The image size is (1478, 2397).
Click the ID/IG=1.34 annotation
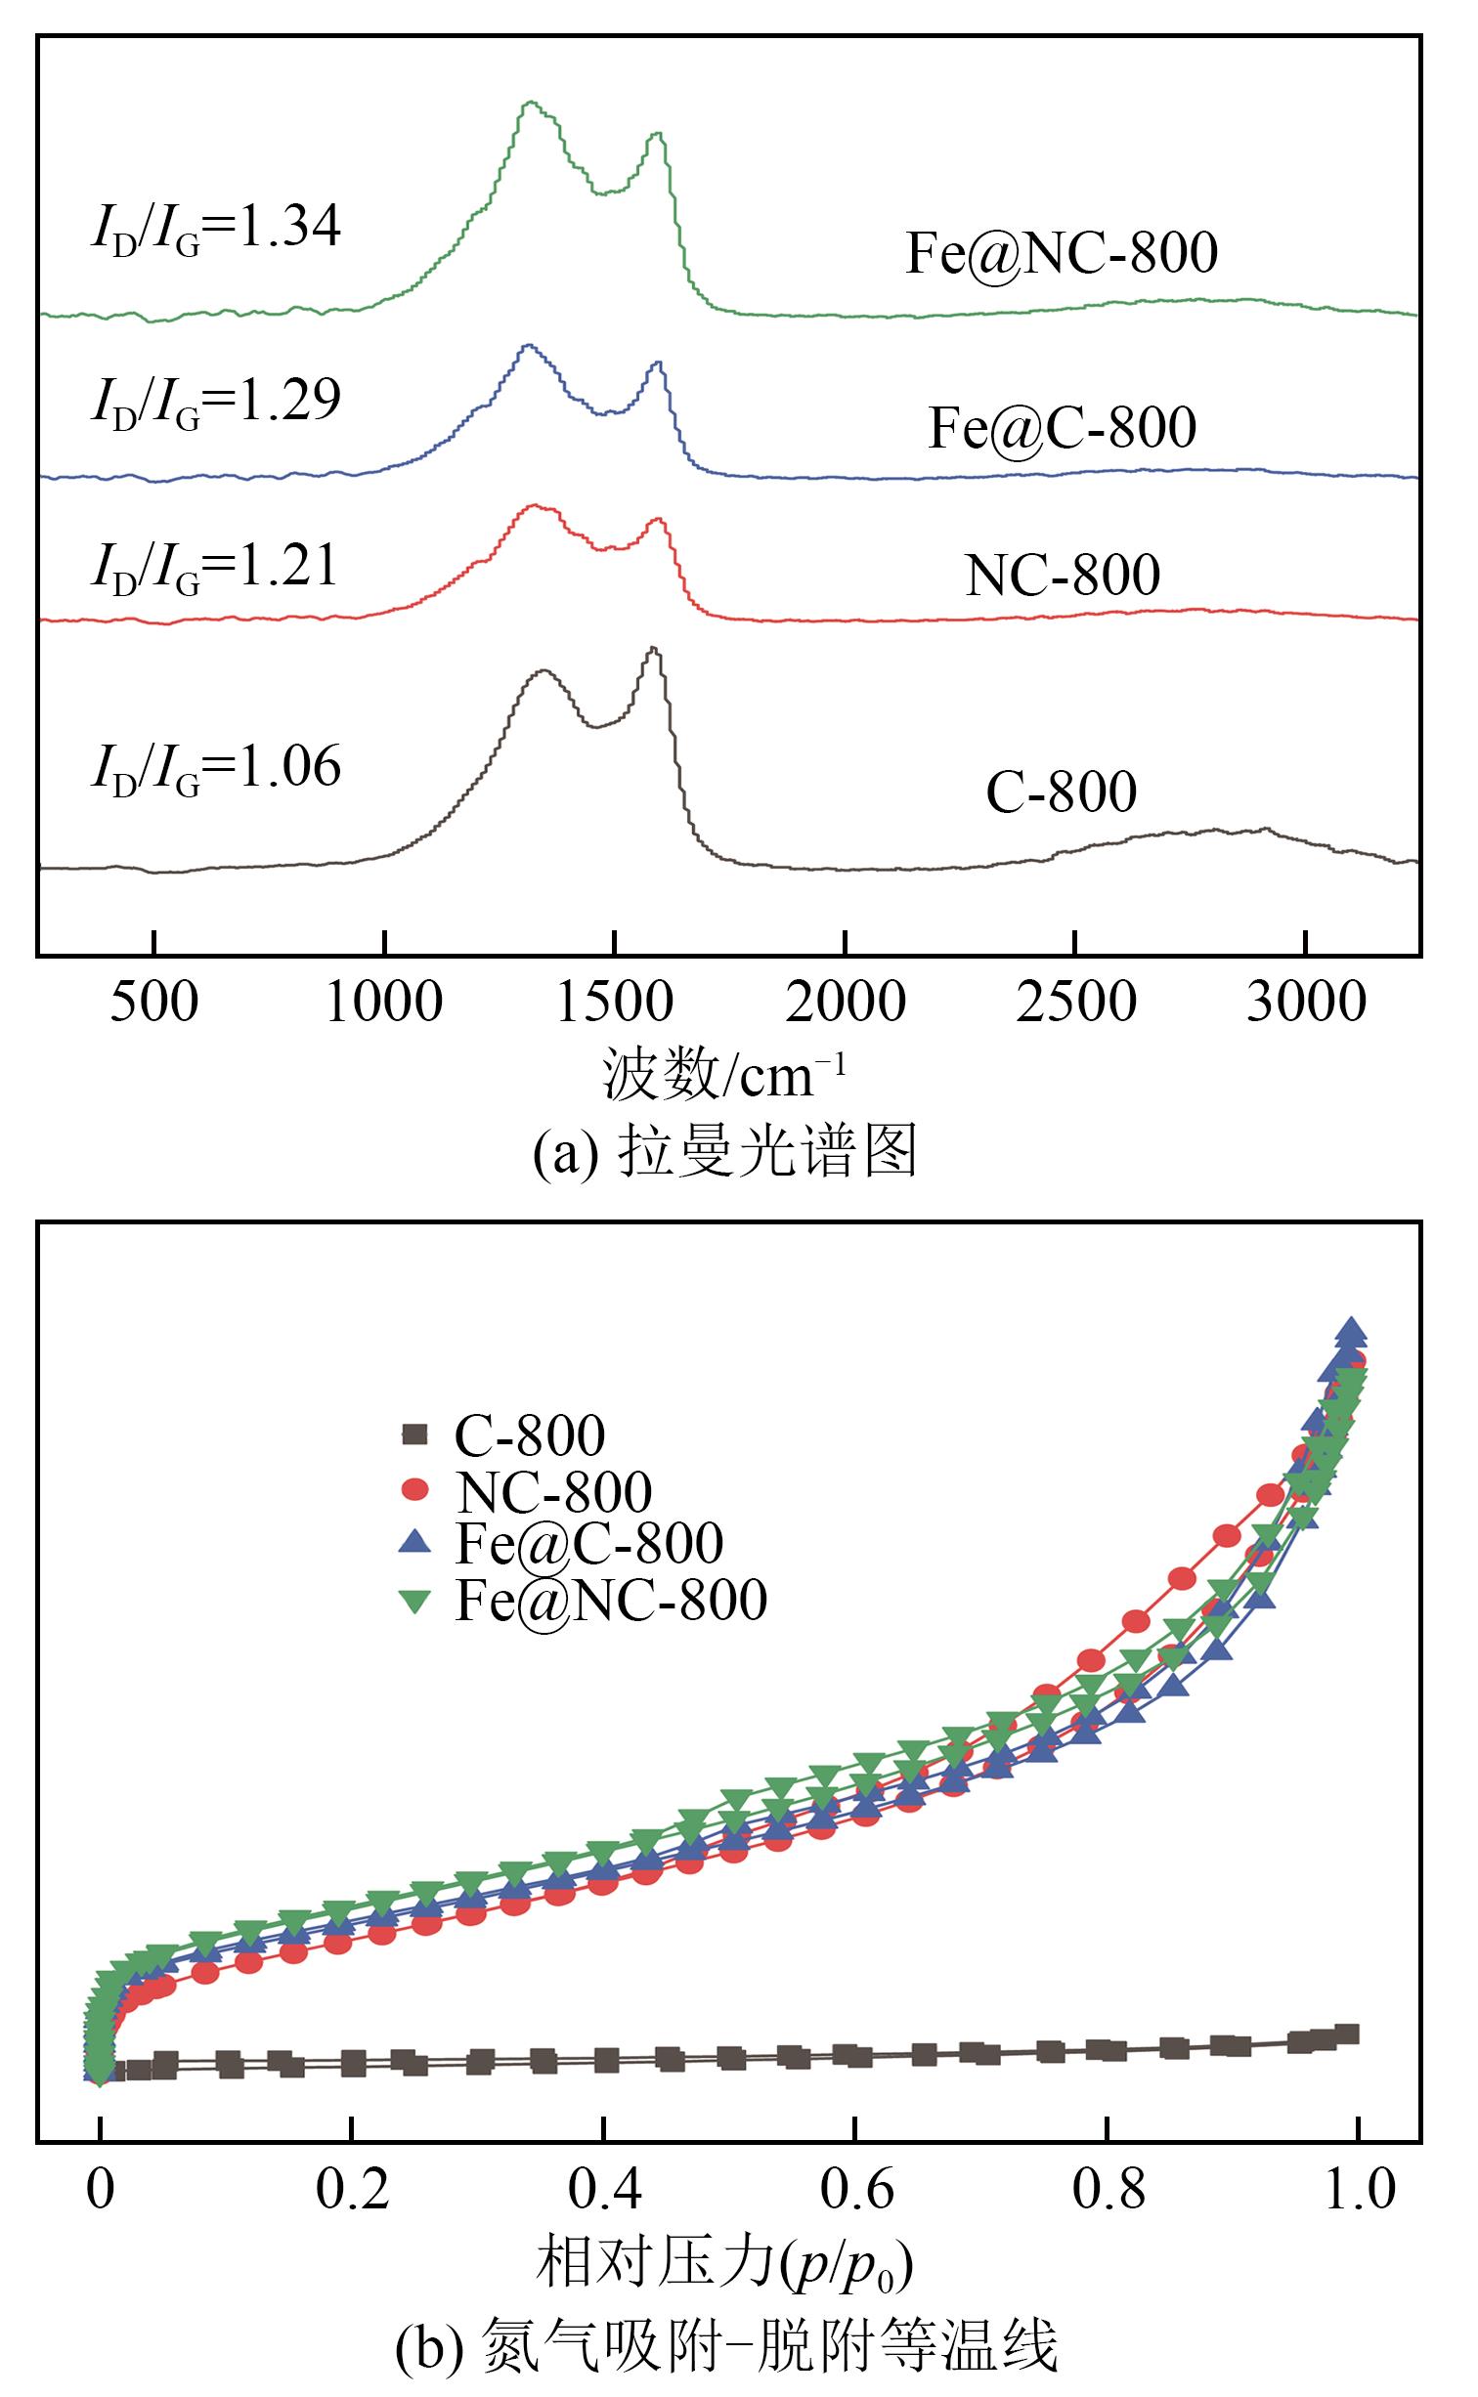click(216, 229)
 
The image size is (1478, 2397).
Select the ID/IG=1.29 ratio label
click(216, 401)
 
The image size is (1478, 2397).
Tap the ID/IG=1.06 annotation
click(216, 768)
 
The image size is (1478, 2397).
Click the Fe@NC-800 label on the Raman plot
click(1062, 253)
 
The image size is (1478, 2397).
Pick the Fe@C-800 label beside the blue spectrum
click(1062, 428)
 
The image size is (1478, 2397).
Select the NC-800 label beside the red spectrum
click(1063, 575)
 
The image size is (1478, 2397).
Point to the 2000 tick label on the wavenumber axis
click(846, 1003)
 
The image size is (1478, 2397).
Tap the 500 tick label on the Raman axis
click(154, 1003)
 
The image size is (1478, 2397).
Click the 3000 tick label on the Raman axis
click(1306, 1003)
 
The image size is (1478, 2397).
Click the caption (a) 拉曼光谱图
click(724, 1151)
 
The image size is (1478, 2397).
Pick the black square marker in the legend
click(415, 1434)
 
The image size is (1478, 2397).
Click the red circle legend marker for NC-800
click(415, 1489)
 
